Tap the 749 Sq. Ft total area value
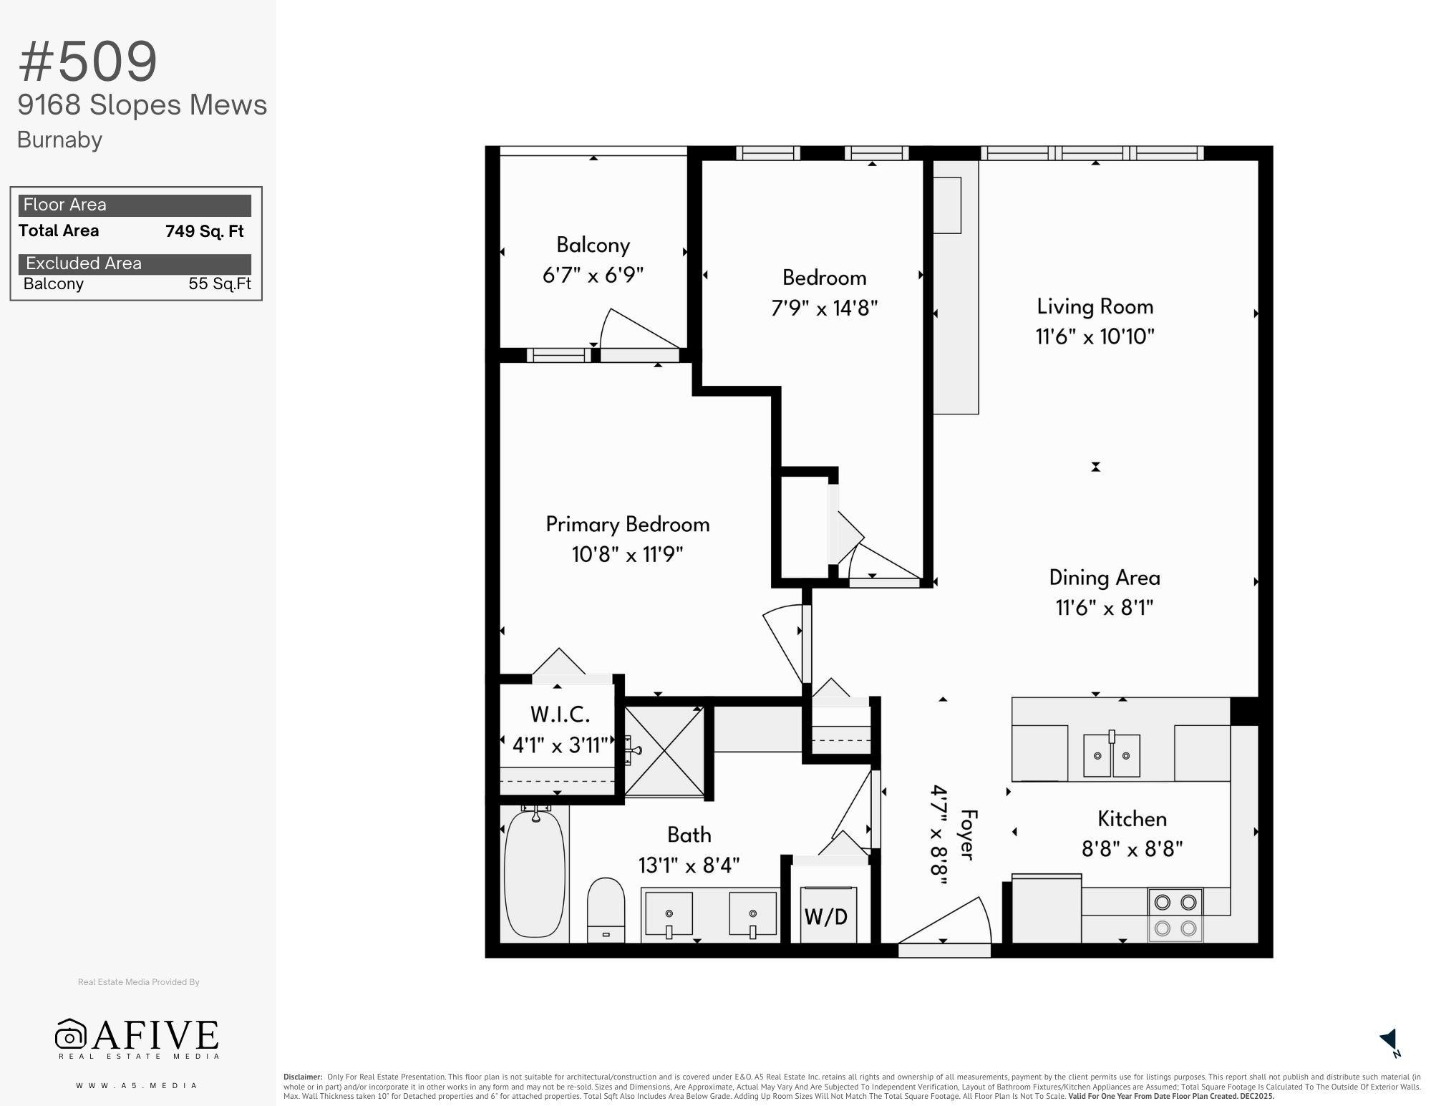(205, 231)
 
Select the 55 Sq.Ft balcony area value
(220, 283)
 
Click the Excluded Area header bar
(135, 263)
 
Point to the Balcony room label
(593, 245)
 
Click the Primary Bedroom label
(628, 524)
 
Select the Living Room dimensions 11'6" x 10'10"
(1095, 336)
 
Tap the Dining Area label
(1105, 578)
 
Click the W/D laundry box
(827, 914)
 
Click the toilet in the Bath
(606, 910)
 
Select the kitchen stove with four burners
(1175, 915)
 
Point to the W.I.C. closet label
(560, 714)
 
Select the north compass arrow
(1389, 1041)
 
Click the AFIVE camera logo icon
(70, 1034)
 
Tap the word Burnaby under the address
(59, 140)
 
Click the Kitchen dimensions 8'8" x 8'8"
(1132, 849)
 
